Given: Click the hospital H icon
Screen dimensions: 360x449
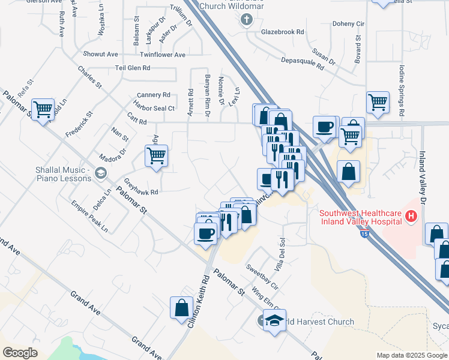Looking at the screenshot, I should click(x=411, y=215).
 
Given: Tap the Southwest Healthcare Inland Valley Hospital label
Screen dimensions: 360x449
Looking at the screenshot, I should click(x=360, y=217).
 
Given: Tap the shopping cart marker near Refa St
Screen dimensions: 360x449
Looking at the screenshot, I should click(x=43, y=110).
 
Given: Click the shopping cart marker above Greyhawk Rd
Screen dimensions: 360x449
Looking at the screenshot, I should click(x=156, y=156).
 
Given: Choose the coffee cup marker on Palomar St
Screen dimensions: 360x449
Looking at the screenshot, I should click(x=205, y=232).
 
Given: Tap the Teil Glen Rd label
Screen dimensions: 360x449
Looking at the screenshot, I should click(x=133, y=68).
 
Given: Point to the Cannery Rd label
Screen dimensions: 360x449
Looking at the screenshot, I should click(x=154, y=95).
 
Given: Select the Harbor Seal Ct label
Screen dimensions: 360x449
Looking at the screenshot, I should click(x=155, y=108).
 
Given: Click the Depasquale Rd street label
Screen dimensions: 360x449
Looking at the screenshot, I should click(x=303, y=64).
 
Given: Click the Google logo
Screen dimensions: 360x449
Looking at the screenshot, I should click(x=20, y=352).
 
